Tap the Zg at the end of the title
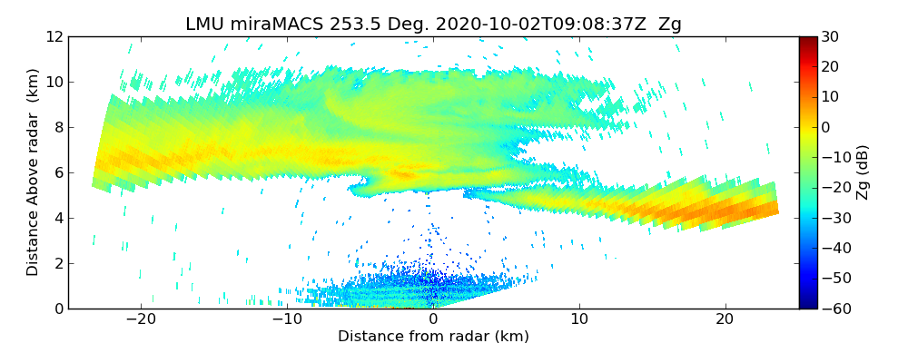tap(670, 25)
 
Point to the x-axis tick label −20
tap(141, 320)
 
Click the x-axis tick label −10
tap(287, 320)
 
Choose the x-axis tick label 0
tap(433, 320)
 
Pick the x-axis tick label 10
tap(579, 320)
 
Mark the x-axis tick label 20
tap(725, 320)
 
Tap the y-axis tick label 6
tap(56, 172)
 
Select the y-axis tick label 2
tap(56, 263)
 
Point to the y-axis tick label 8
tap(56, 128)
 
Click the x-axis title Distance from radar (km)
tap(433, 337)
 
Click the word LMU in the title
tap(204, 25)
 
